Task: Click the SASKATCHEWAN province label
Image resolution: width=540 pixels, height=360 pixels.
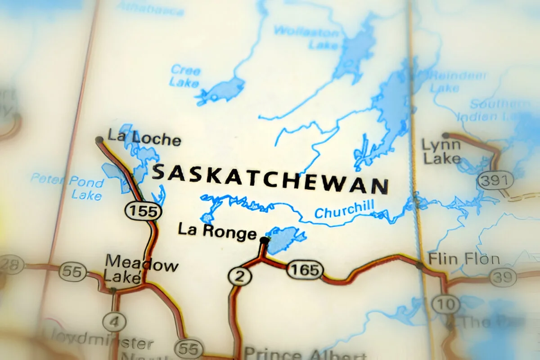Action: coord(270,179)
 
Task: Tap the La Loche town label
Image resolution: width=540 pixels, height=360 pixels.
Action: coord(144,137)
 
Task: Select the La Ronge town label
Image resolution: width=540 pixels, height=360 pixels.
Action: coord(217,231)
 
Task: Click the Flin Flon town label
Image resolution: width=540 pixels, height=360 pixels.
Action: coord(463,260)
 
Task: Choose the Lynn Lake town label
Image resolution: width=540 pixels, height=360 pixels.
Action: coord(441,152)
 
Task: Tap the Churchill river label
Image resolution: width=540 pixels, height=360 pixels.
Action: coord(344,210)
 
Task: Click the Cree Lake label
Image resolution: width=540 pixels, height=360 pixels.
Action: coord(185,76)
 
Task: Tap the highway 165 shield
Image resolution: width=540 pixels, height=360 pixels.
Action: coord(305,270)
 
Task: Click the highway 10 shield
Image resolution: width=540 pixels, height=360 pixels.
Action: coord(446,304)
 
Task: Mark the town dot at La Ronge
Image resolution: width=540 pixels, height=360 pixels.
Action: coord(265,241)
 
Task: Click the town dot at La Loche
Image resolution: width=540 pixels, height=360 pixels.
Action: coord(99,140)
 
